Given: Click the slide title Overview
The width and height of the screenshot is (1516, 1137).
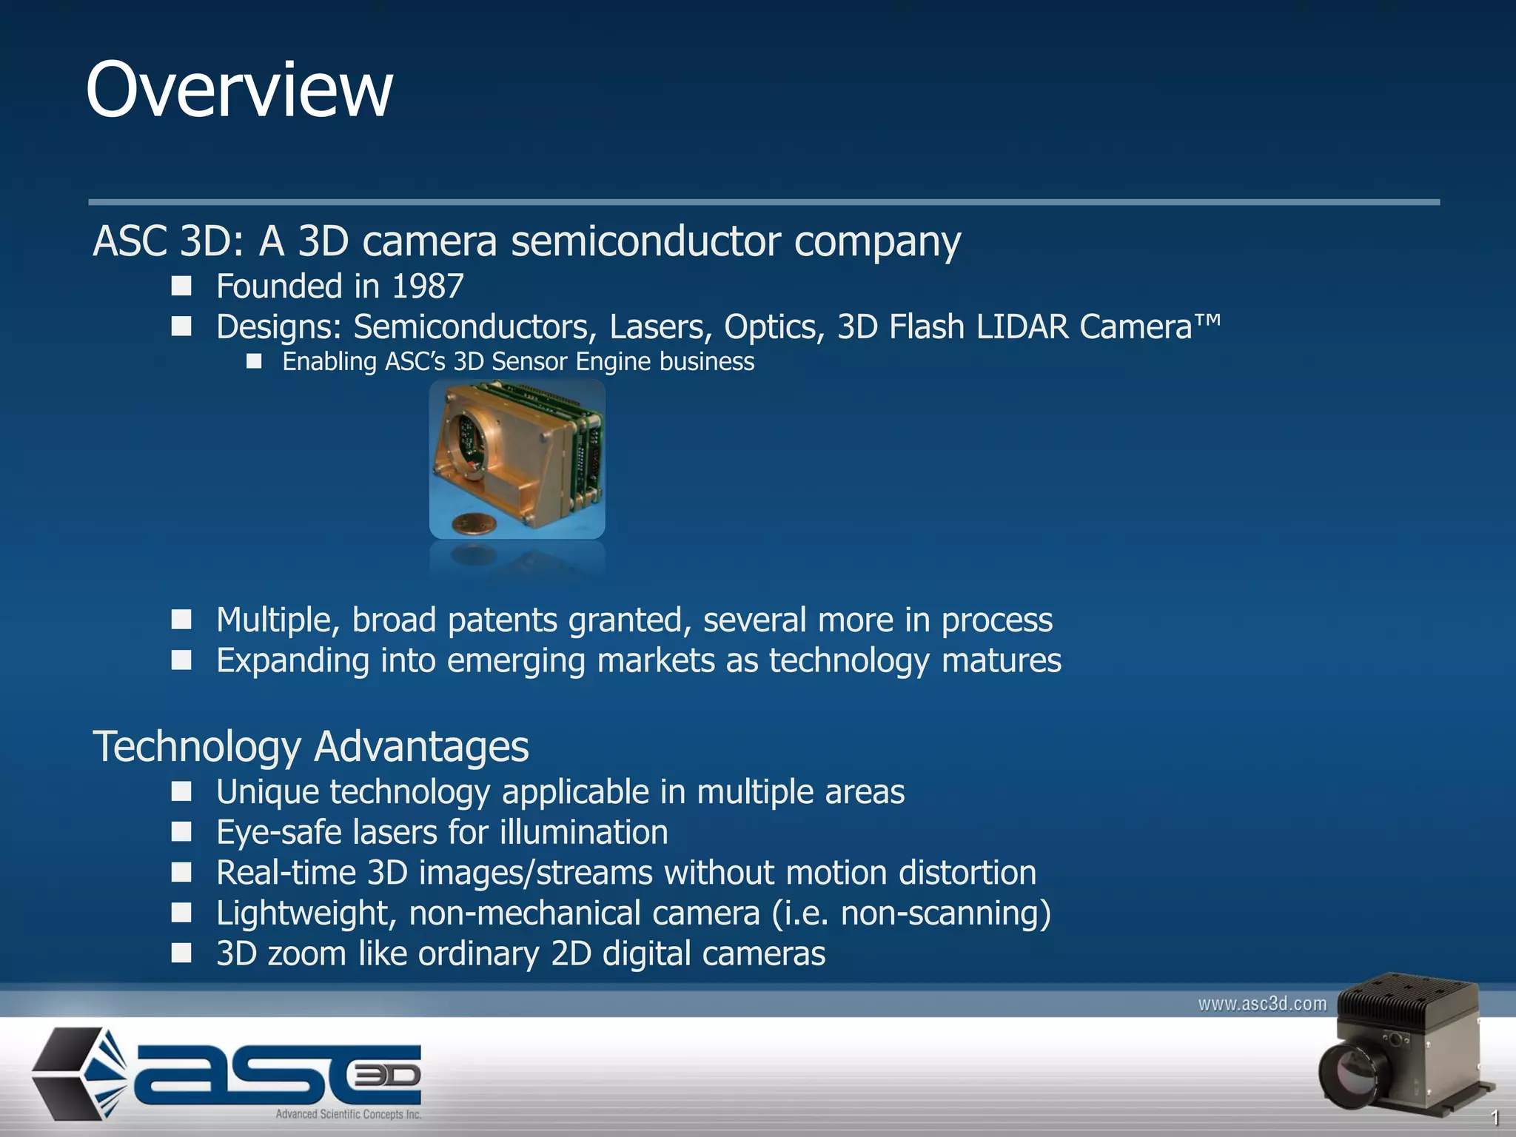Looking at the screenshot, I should tap(238, 90).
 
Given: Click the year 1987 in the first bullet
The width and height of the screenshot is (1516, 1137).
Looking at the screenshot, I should tap(427, 286).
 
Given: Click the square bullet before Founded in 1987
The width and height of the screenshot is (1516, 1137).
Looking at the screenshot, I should tap(181, 286).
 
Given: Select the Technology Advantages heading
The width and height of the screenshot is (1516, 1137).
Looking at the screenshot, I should tap(310, 746).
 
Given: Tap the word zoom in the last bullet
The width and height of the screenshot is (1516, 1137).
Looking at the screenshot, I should tap(306, 953).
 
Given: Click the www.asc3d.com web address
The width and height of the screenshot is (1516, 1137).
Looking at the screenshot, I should tap(1261, 1004).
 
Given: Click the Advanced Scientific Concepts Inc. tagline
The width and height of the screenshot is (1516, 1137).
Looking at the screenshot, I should tap(348, 1114).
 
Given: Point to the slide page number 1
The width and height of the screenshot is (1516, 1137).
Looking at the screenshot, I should tap(1495, 1118).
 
